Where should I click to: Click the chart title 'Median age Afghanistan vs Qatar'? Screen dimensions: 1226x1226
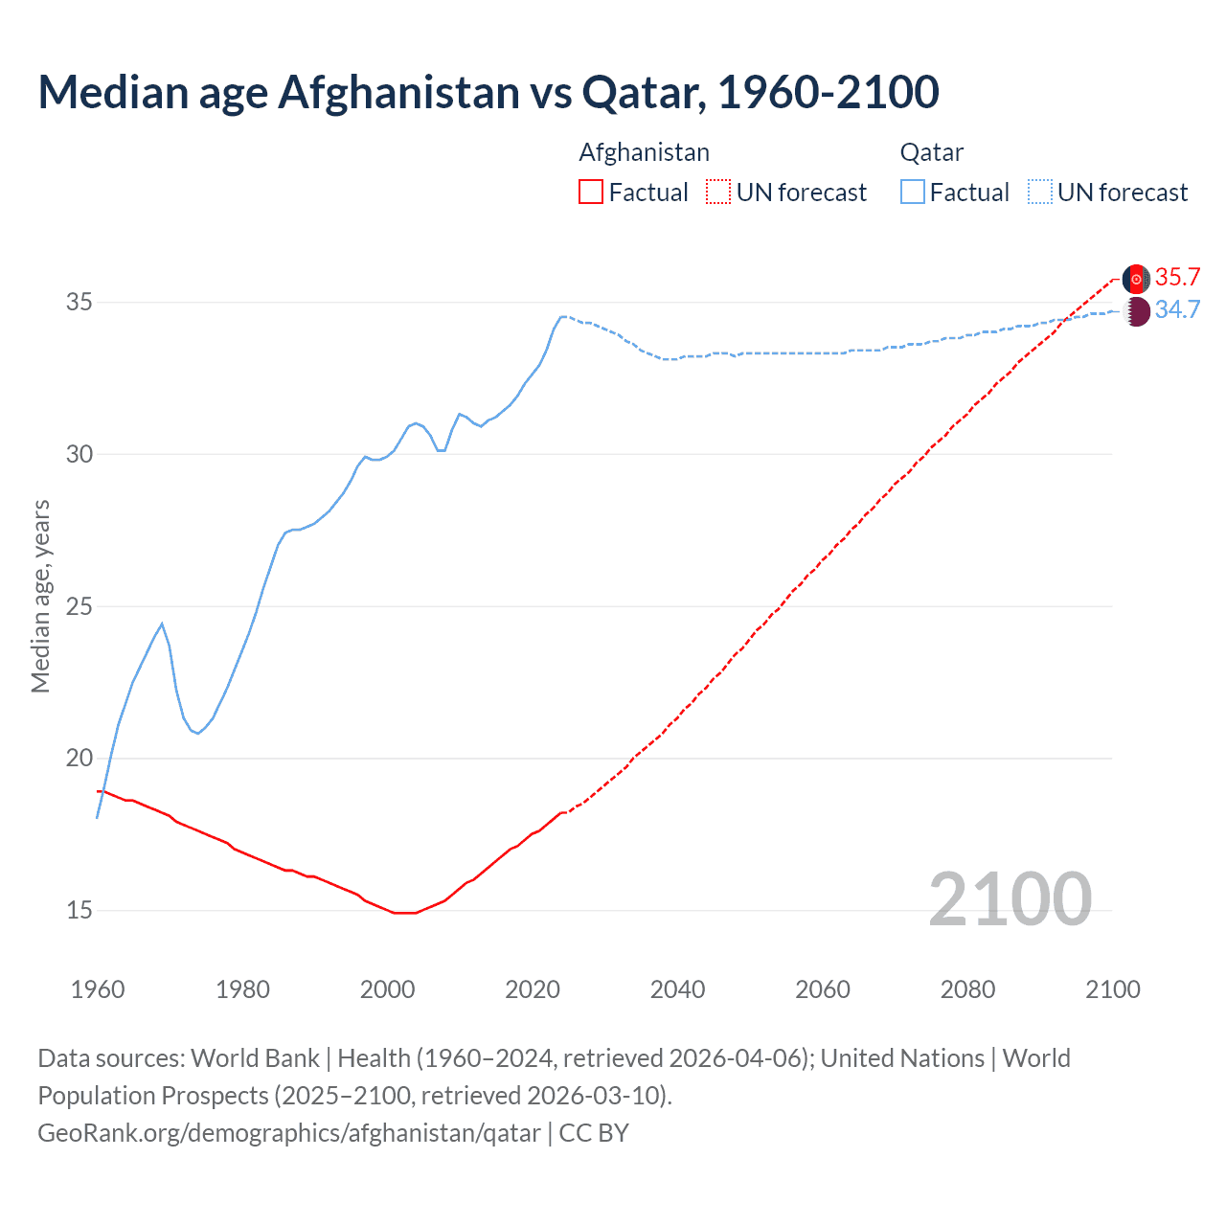click(x=488, y=92)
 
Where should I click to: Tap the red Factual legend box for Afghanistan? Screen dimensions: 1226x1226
click(x=591, y=193)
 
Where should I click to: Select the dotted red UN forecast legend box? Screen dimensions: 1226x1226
click(x=718, y=193)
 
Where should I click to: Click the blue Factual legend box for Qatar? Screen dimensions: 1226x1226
click(x=913, y=193)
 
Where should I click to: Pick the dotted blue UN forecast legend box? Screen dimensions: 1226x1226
click(x=1039, y=193)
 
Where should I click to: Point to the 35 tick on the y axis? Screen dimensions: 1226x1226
click(x=79, y=303)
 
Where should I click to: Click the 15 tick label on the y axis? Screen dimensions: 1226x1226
click(x=79, y=910)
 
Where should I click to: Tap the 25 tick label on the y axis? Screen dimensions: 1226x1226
click(x=79, y=606)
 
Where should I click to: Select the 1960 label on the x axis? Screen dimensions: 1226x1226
click(x=98, y=989)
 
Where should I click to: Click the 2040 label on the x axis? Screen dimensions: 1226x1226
click(x=677, y=989)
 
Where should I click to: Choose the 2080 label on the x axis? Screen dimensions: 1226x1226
click(x=967, y=989)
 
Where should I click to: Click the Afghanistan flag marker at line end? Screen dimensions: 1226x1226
click(x=1136, y=279)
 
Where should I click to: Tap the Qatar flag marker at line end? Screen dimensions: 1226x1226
click(x=1136, y=311)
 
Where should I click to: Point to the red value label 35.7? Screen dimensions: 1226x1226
click(x=1177, y=278)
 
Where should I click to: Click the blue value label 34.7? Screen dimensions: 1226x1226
click(x=1177, y=310)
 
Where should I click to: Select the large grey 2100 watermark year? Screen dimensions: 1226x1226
click(x=1010, y=898)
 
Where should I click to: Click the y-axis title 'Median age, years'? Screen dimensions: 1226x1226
click(x=40, y=596)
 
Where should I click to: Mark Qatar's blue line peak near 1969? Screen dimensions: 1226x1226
click(x=162, y=624)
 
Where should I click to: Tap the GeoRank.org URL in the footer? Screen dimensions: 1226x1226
click(x=289, y=1133)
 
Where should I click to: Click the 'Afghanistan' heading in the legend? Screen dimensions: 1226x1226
click(x=644, y=152)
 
